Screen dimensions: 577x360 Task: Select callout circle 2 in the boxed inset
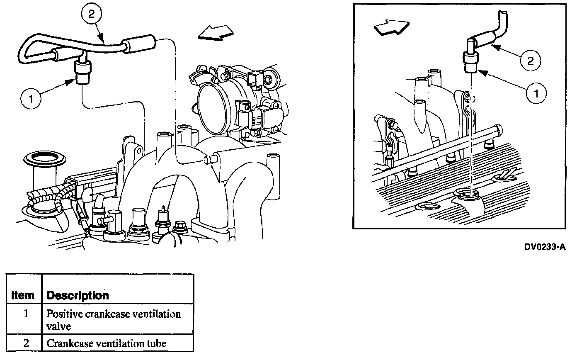click(x=531, y=61)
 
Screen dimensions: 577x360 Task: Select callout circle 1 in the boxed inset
click(x=536, y=92)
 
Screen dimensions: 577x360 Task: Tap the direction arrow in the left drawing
click(x=215, y=33)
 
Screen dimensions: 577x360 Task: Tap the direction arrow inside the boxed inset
click(x=391, y=27)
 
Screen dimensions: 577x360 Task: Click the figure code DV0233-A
click(x=545, y=247)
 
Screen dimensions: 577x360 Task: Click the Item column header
click(x=23, y=295)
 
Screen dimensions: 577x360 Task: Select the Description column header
click(x=78, y=295)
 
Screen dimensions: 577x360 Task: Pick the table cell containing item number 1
click(x=25, y=314)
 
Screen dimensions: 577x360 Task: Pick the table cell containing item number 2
click(x=25, y=343)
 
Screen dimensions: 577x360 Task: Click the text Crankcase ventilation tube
click(x=106, y=343)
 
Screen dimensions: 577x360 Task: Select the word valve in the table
click(x=58, y=326)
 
